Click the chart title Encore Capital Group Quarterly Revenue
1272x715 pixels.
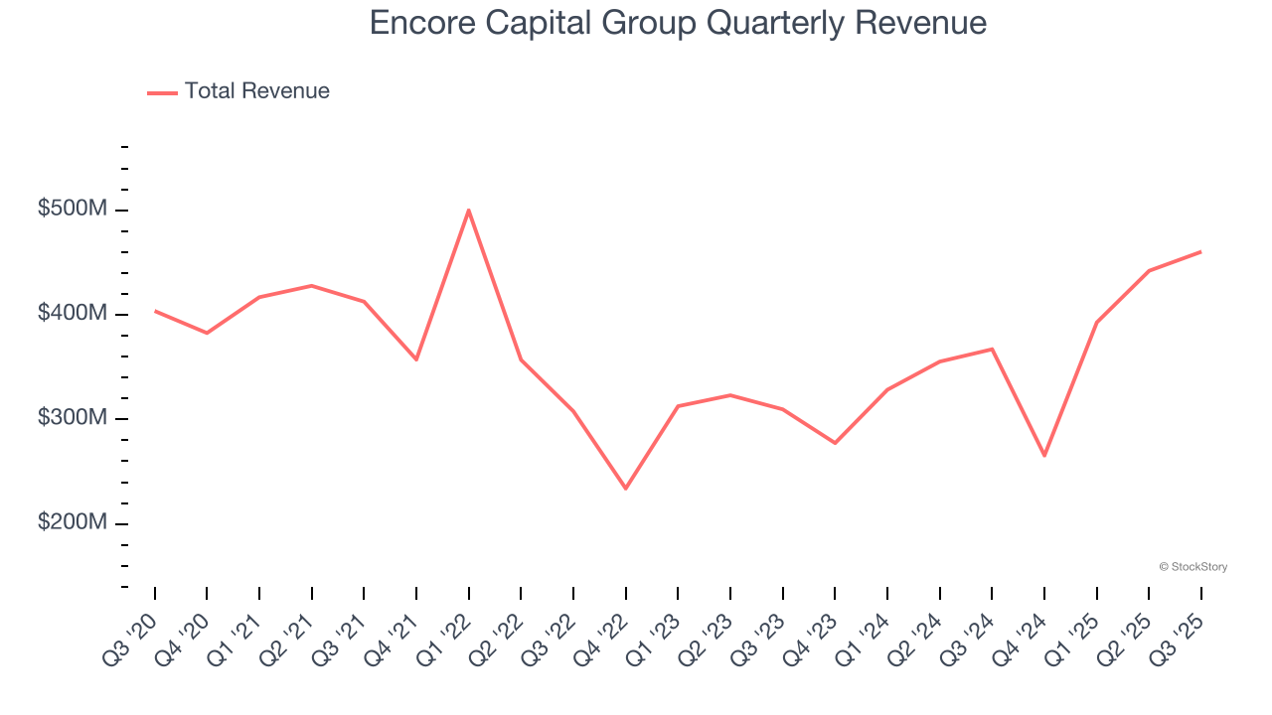coord(678,23)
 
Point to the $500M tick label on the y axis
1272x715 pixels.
coord(72,210)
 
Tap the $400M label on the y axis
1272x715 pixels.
coord(72,314)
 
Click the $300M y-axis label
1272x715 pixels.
coord(72,418)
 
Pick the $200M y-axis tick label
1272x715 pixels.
coord(72,522)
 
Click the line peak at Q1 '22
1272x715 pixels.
coord(468,210)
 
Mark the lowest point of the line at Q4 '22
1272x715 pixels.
coord(625,489)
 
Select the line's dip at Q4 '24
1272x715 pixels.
coord(1044,456)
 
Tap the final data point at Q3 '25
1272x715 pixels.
coord(1200,251)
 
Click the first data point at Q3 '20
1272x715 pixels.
coord(155,311)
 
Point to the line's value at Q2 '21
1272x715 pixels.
coord(312,285)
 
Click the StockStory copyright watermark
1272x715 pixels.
coord(1192,567)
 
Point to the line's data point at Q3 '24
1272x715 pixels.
coord(992,349)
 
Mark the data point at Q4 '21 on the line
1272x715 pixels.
coord(416,359)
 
